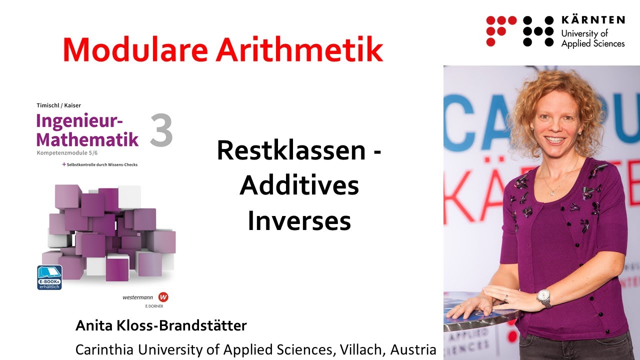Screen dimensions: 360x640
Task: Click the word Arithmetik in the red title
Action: (299, 49)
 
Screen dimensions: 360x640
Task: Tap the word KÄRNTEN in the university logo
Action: (592, 20)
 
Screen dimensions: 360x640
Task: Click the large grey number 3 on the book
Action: (161, 131)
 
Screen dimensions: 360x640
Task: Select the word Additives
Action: (299, 185)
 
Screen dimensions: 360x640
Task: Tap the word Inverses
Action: (299, 221)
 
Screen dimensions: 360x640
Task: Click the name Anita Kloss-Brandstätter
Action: (161, 326)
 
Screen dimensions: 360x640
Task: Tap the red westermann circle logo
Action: (163, 297)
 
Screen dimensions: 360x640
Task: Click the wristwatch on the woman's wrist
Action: (543, 298)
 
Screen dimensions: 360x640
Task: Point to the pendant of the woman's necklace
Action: (552, 192)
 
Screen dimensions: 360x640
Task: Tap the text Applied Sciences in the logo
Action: (592, 43)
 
